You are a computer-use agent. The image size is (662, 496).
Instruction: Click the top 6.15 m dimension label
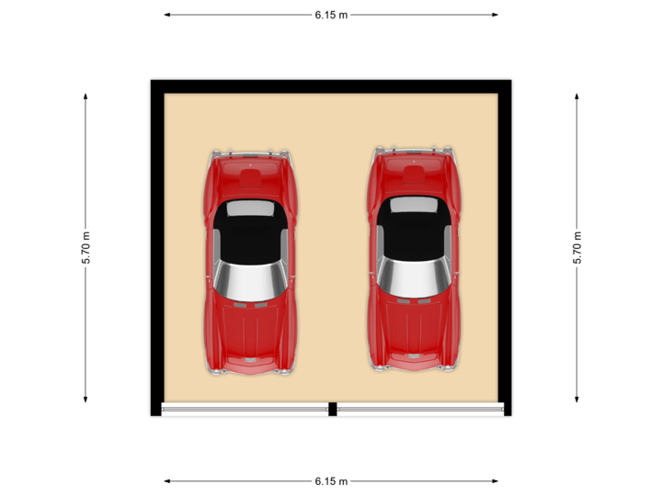tap(331, 15)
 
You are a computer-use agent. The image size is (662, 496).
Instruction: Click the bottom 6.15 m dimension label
tap(331, 480)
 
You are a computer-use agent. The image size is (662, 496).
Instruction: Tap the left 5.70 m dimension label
tap(86, 248)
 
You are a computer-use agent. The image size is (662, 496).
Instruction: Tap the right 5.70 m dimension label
tap(577, 248)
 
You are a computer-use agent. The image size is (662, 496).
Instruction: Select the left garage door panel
tap(245, 410)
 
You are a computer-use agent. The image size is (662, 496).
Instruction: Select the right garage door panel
tap(419, 410)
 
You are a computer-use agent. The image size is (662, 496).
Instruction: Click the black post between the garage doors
tap(332, 410)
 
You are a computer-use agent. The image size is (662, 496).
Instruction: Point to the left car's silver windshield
tap(250, 280)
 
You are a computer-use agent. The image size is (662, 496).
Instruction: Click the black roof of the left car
tap(250, 238)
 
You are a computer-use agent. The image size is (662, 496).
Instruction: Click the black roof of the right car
tap(414, 234)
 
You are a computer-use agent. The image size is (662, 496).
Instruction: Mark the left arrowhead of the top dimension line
tap(166, 15)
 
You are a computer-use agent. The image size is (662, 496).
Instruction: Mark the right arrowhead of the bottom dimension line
tap(496, 480)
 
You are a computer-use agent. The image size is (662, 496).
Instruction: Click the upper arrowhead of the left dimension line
tap(86, 96)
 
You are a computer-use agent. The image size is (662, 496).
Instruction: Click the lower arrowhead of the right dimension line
tap(577, 400)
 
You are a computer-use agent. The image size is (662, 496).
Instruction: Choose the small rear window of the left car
tap(250, 209)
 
